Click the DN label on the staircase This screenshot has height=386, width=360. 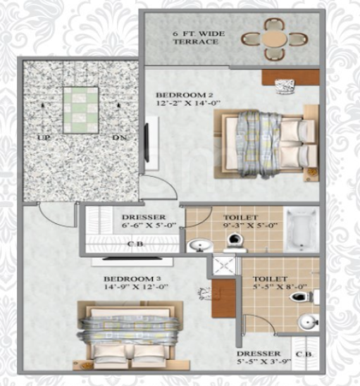pos(118,137)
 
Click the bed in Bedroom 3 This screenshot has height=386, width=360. pos(133,335)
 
